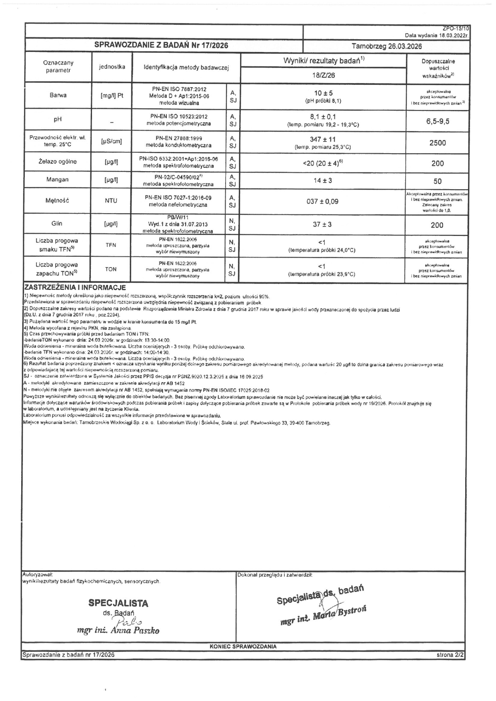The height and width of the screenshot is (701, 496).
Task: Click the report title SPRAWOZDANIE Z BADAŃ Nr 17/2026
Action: [x=161, y=46]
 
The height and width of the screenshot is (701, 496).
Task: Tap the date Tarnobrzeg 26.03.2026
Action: [x=386, y=46]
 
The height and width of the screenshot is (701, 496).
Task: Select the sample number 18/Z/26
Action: [x=323, y=75]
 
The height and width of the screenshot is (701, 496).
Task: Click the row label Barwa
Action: [x=58, y=95]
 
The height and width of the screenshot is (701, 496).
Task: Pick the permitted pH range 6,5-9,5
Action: [x=438, y=121]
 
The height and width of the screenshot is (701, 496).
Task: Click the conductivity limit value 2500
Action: [x=438, y=143]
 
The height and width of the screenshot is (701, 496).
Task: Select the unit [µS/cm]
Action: [x=111, y=141]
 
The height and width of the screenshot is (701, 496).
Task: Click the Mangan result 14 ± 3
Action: [x=323, y=181]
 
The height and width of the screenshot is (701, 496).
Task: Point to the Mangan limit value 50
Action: [x=438, y=181]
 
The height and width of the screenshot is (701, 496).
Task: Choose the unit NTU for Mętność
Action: [x=111, y=201]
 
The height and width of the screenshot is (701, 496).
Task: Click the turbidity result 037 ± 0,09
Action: [x=322, y=202]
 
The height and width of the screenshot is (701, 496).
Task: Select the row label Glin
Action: [x=57, y=224]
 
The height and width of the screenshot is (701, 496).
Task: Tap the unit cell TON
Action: [x=111, y=269]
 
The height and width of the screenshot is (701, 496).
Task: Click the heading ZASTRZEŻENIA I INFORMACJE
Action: [x=75, y=288]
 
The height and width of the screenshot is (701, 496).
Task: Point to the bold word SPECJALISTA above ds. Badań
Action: [x=118, y=603]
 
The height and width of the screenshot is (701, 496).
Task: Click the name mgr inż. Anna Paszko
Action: [x=118, y=631]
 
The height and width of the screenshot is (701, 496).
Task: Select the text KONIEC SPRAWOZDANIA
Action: [x=243, y=646]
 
